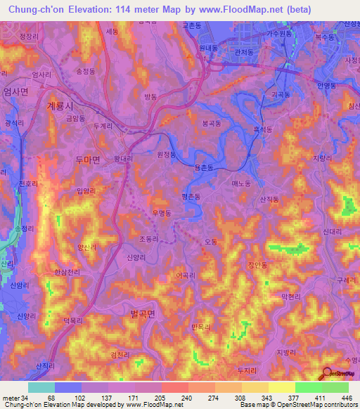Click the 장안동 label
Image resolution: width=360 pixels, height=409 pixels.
[x=257, y=265]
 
